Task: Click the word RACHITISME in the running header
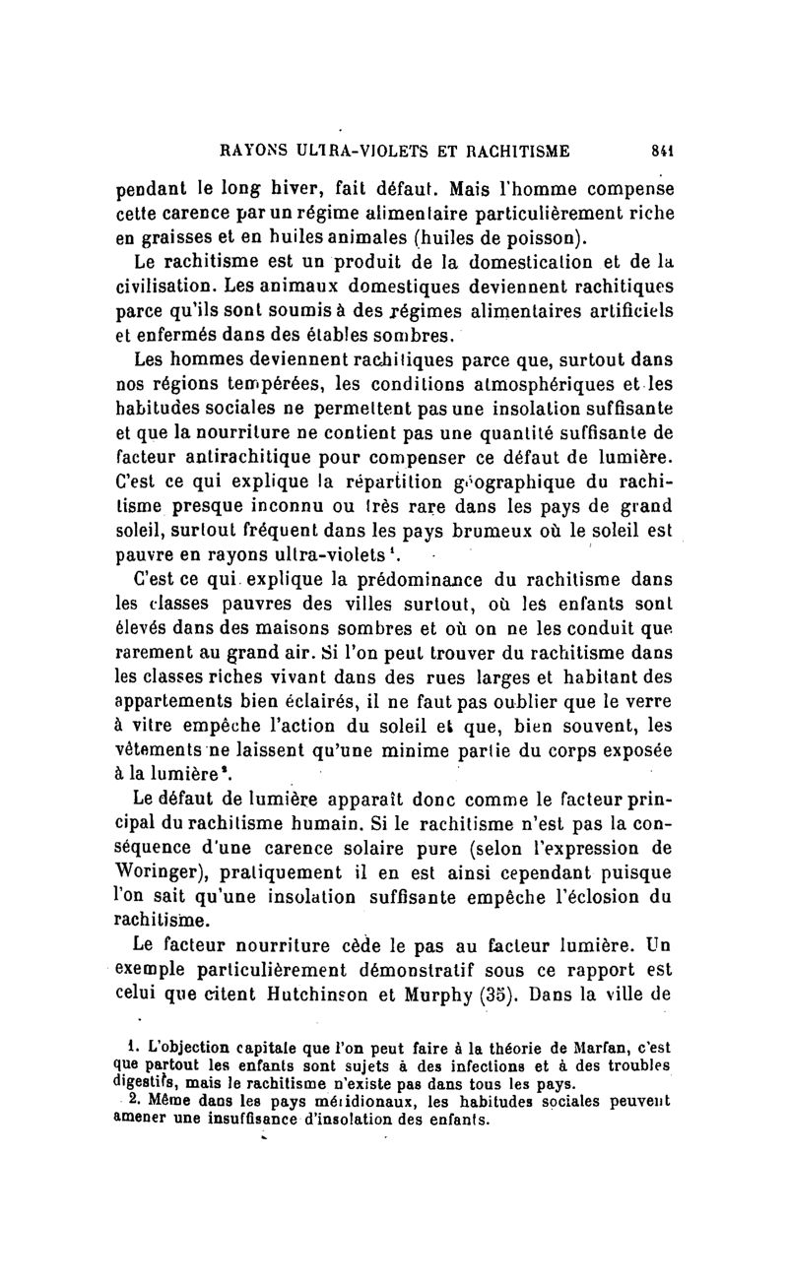tap(515, 151)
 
